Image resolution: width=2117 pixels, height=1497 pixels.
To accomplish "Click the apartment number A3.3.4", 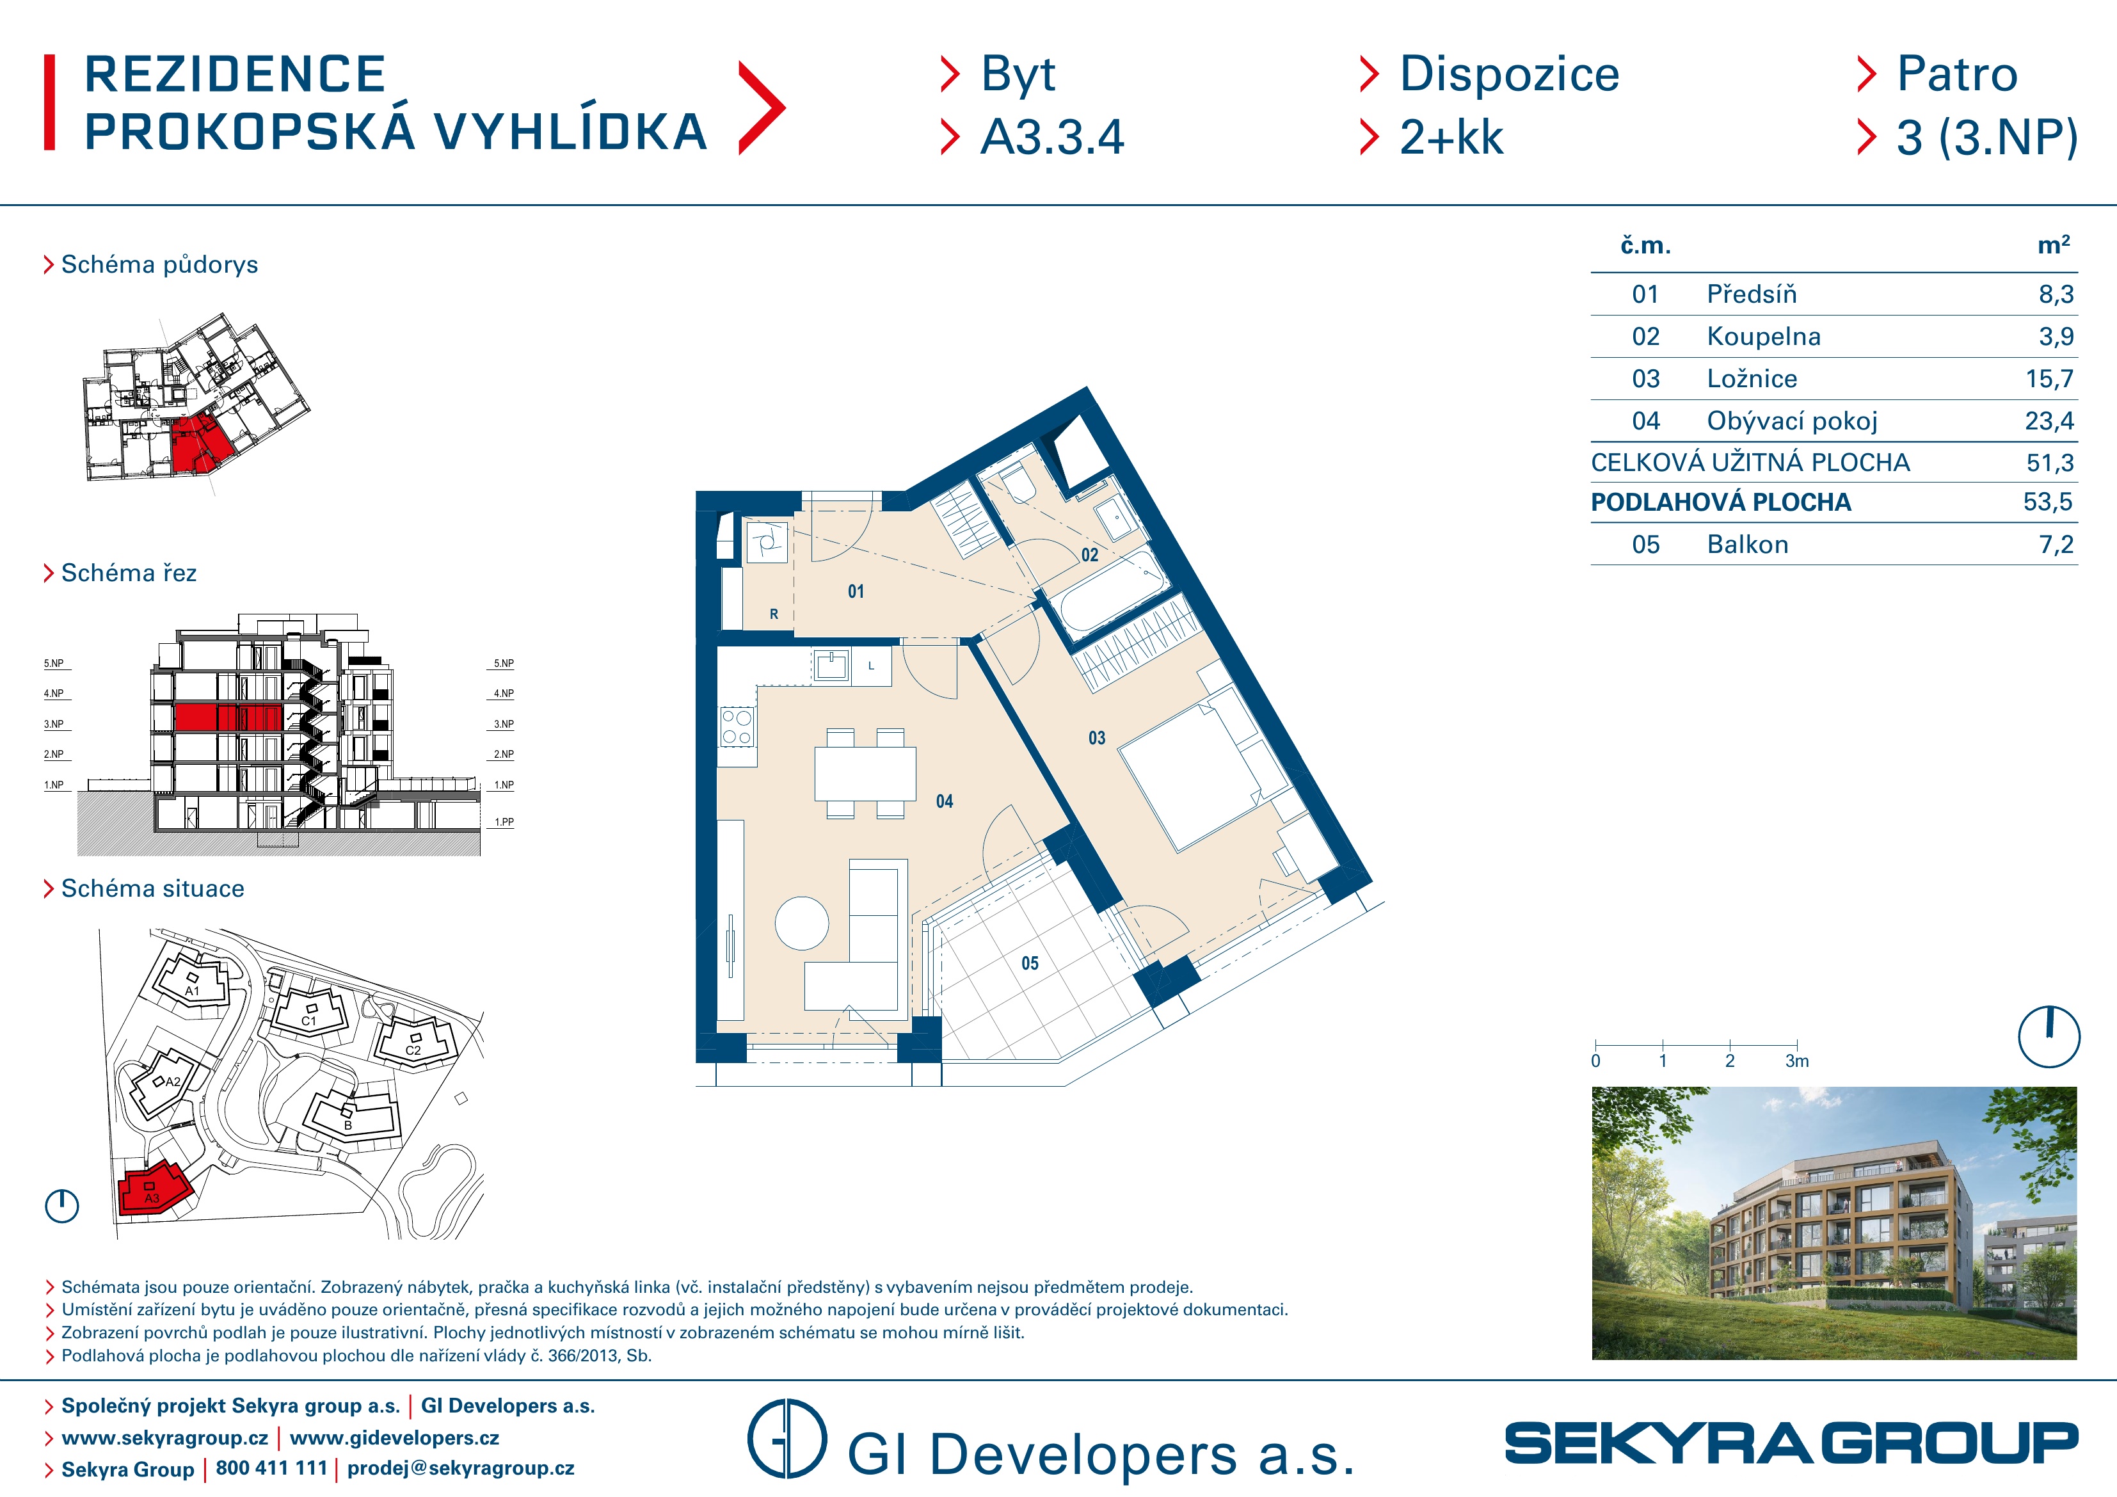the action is coord(1052,138).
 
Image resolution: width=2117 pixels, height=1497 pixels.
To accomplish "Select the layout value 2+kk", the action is coord(1451,138).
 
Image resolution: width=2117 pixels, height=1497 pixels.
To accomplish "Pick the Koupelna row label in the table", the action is coord(1764,337).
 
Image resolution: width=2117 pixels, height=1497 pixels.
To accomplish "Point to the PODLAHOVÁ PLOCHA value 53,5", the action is coord(2048,502).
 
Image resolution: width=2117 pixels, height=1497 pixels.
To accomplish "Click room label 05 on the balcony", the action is coord(1030,963).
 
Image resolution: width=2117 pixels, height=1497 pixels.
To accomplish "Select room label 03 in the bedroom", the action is coord(1096,738).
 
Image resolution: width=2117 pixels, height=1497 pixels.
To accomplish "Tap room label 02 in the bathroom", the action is coord(1090,554).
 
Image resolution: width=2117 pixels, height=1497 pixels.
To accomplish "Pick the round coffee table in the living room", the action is coord(802,924).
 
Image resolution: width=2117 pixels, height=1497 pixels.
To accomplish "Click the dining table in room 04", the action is coord(865,774).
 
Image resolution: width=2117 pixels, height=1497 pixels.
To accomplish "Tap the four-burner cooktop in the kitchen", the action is coord(737,727).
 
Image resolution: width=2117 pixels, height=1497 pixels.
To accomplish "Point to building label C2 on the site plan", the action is coord(413,1050).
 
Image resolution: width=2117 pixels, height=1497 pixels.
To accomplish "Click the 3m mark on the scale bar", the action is coord(1797,1061).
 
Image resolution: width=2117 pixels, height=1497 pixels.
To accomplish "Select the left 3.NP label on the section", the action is coord(54,724).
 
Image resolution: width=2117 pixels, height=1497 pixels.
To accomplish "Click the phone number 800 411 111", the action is coord(272,1468).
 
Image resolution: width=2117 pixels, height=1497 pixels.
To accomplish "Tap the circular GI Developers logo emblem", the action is coord(787,1439).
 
